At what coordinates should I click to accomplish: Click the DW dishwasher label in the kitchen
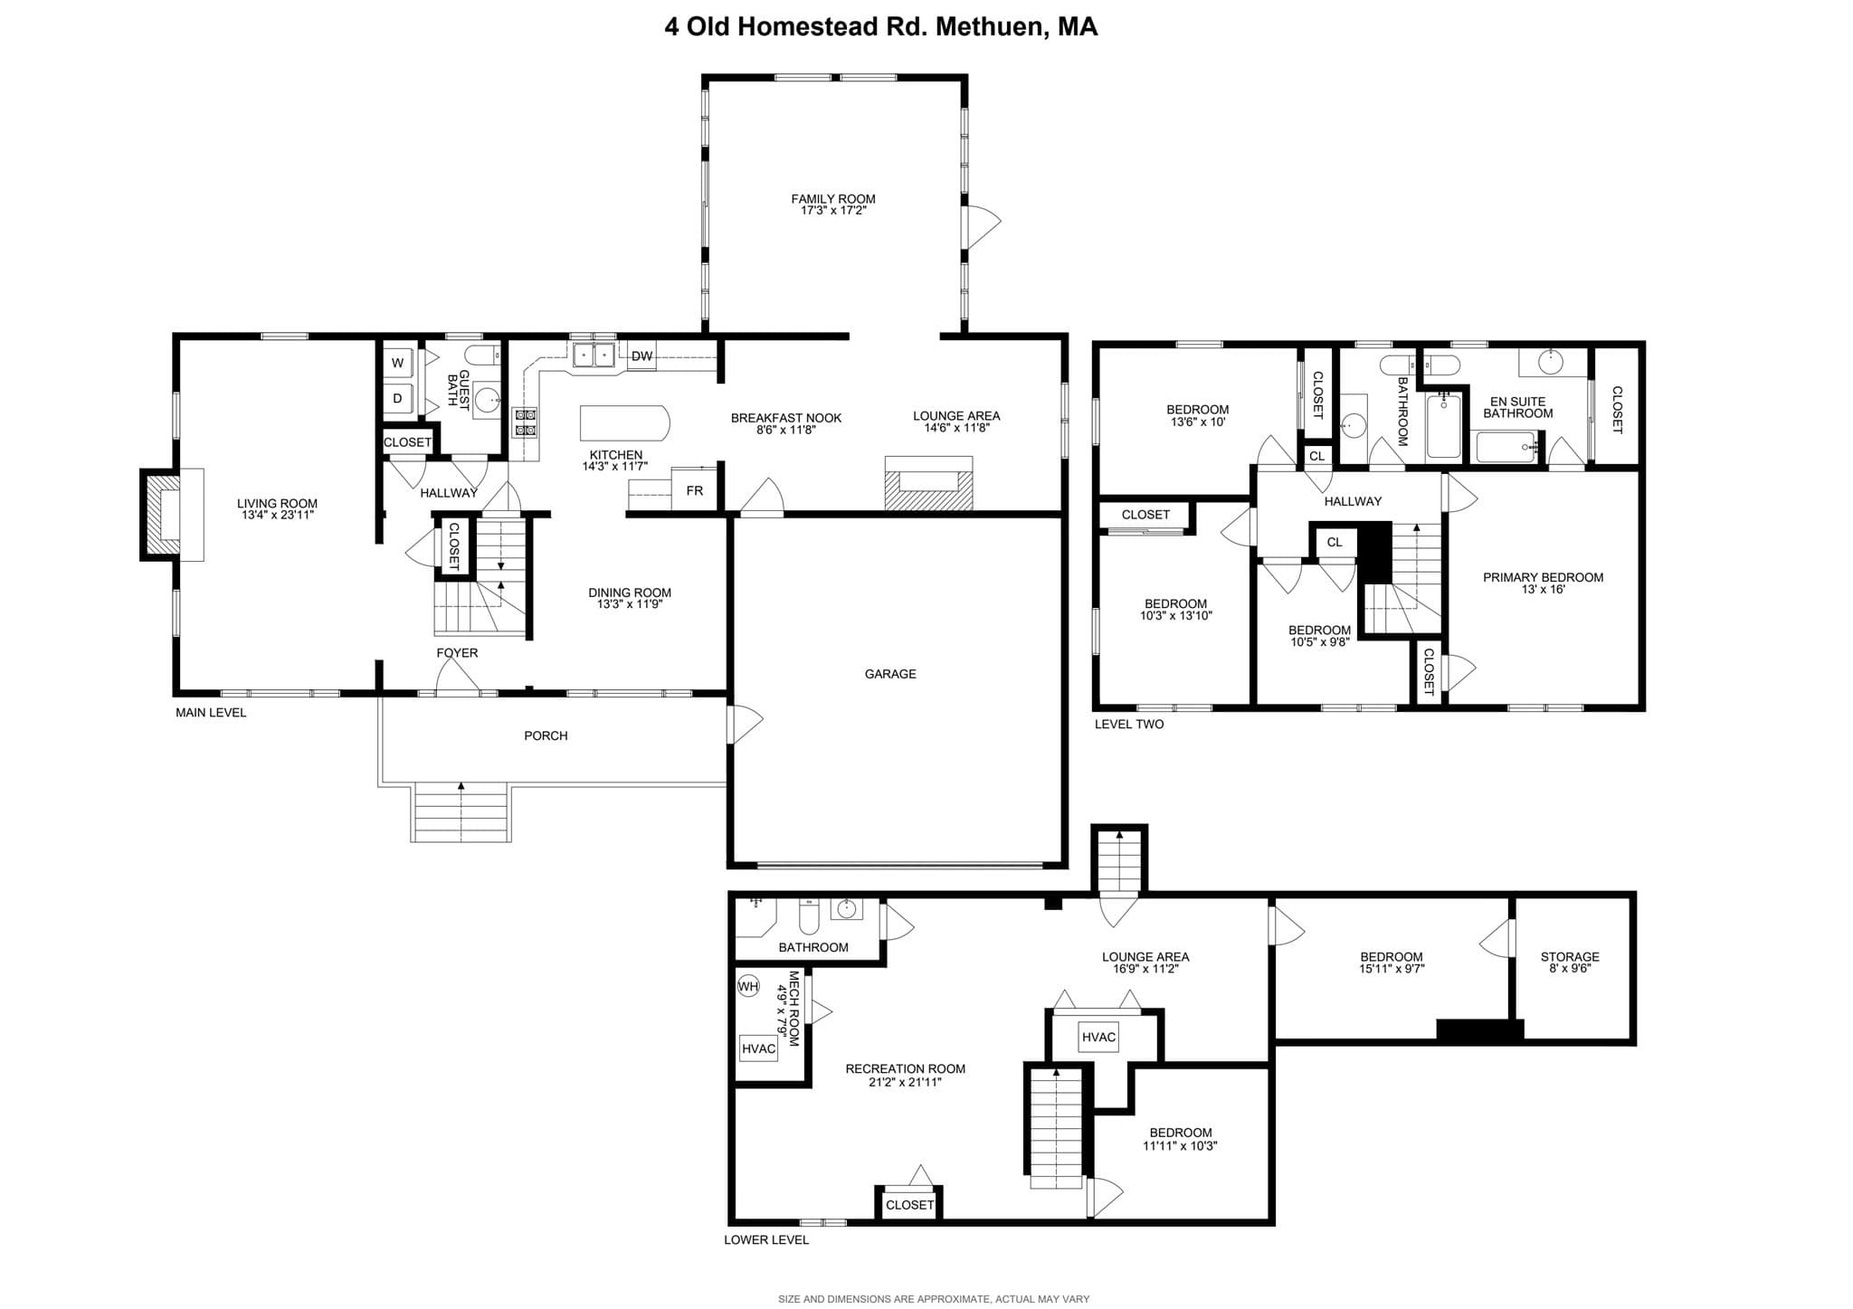(x=641, y=356)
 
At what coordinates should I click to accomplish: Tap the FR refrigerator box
(x=695, y=489)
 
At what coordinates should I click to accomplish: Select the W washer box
(x=398, y=363)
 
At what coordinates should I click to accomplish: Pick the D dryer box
(x=398, y=398)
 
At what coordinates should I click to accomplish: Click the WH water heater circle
(x=748, y=986)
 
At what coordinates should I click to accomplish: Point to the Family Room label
(x=833, y=199)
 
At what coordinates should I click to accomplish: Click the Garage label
(x=890, y=674)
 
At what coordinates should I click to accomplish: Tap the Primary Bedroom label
(x=1543, y=577)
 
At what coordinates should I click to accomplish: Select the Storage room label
(x=1570, y=956)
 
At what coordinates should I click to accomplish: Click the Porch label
(x=546, y=735)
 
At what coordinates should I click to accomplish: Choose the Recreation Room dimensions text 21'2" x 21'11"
(x=906, y=1081)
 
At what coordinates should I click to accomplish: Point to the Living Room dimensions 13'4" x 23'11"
(x=277, y=516)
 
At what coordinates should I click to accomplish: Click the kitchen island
(x=625, y=422)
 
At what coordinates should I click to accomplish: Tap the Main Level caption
(x=211, y=713)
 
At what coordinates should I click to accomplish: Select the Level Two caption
(x=1129, y=725)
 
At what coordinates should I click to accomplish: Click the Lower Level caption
(x=766, y=1240)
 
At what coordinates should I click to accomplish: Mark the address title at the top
(x=881, y=26)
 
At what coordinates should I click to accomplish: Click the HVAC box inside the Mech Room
(x=758, y=1048)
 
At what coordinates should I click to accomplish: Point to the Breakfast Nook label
(x=786, y=418)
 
